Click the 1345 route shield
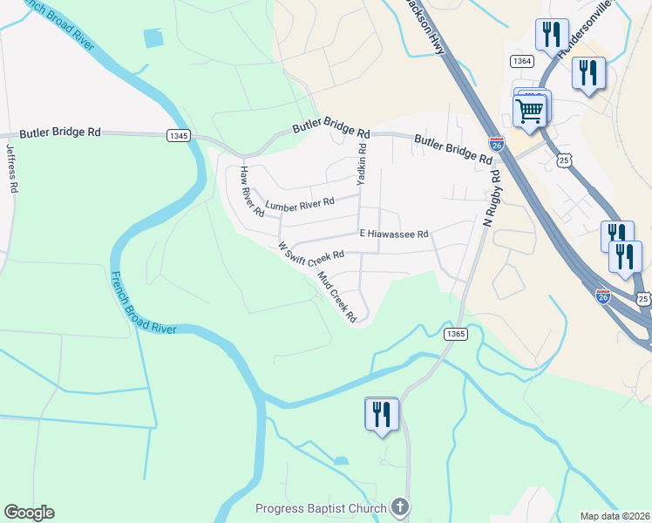point(178,135)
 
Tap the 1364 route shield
point(522,61)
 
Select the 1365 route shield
point(455,334)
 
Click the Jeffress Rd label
point(11,166)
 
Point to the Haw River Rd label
point(251,191)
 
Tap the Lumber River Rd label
point(300,205)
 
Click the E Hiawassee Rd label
point(394,234)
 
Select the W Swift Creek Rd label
point(311,253)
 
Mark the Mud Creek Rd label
point(336,298)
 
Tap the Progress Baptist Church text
point(321,509)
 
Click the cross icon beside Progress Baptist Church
point(399,506)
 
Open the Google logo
point(29,512)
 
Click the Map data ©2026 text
point(615,516)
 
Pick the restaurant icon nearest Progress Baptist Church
point(381,413)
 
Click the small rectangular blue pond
point(153,37)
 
